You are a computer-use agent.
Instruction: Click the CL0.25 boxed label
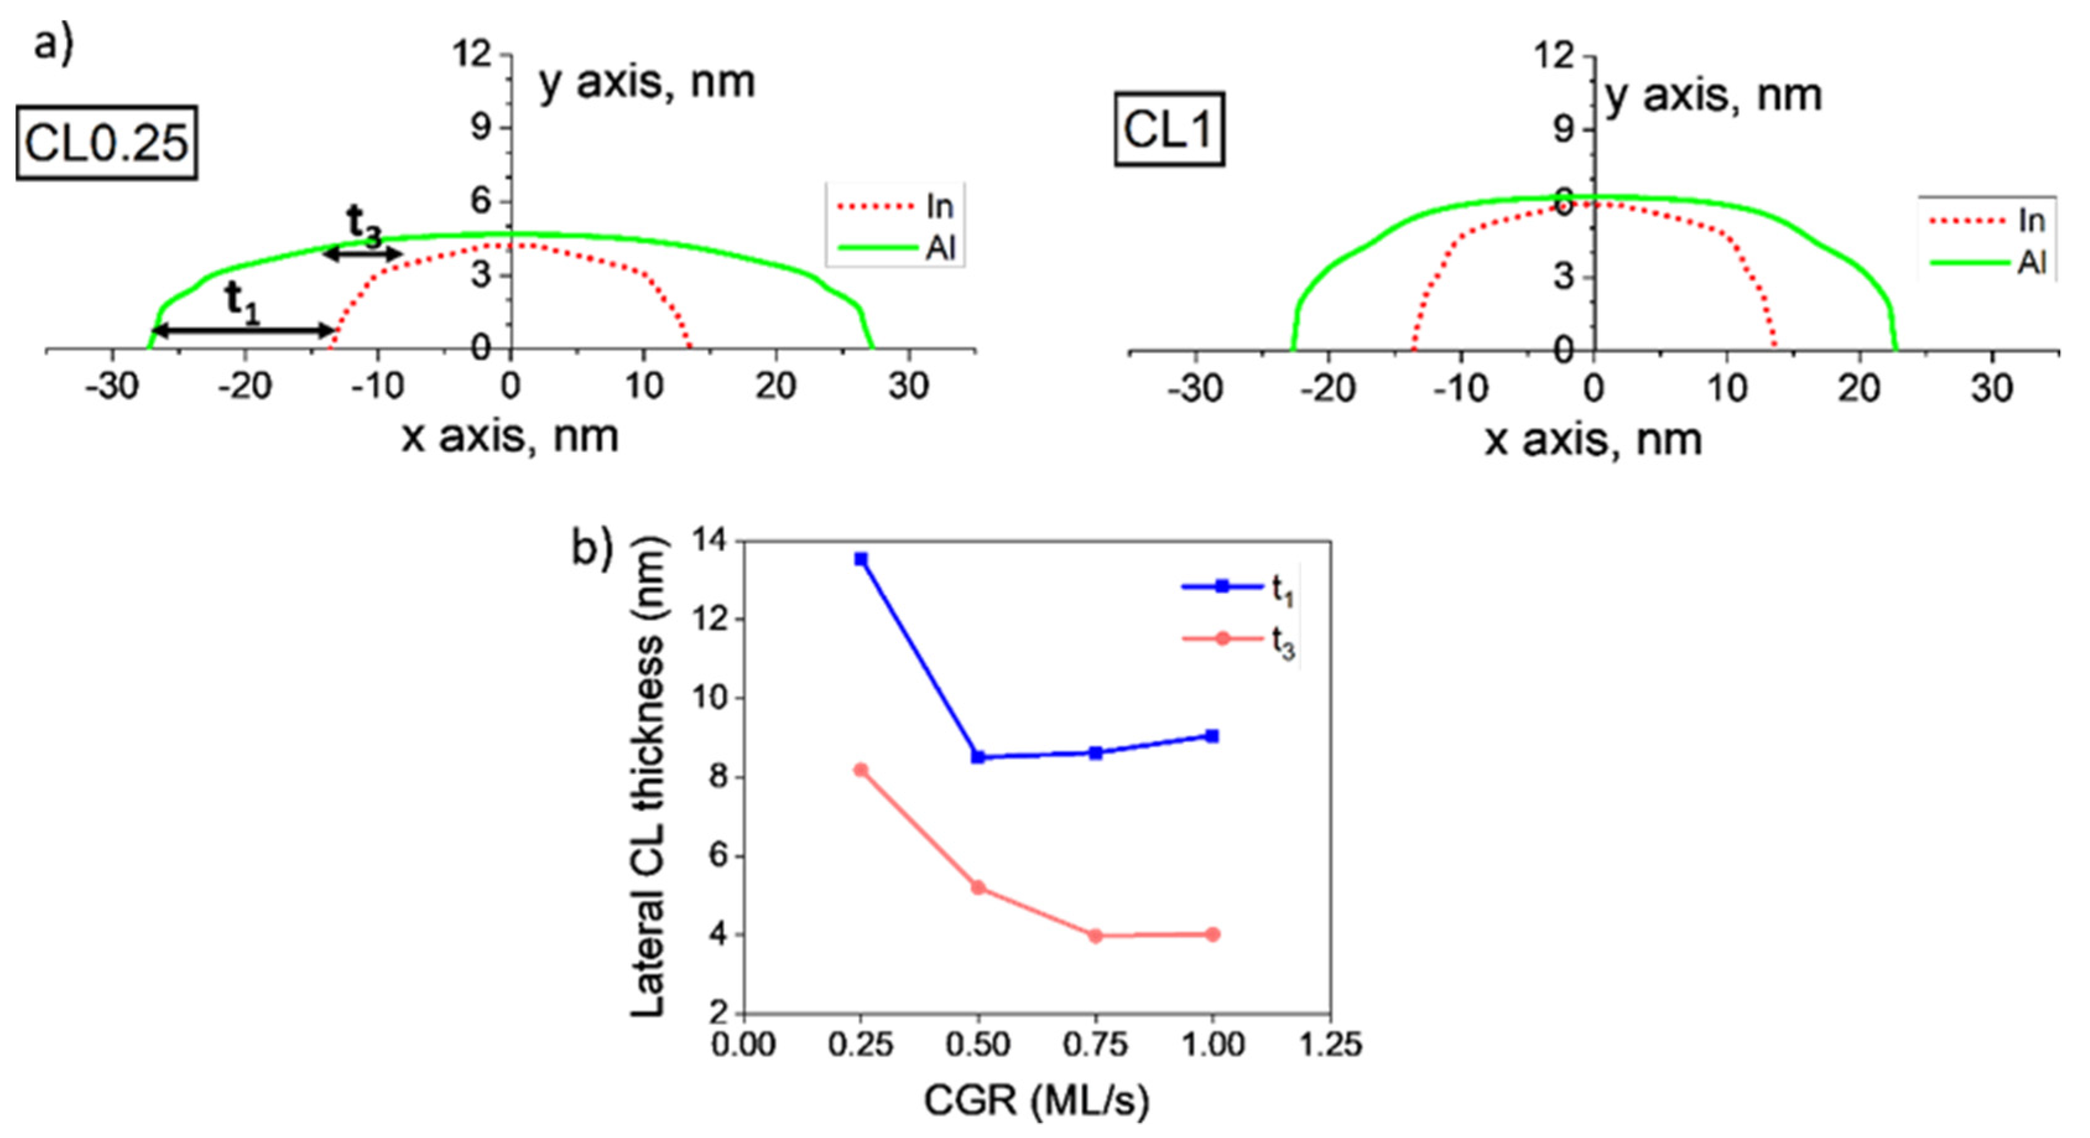(x=106, y=143)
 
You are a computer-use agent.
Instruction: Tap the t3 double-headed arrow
(x=363, y=254)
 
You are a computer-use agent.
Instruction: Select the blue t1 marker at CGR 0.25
(x=861, y=559)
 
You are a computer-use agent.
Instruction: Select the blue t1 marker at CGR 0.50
(x=978, y=757)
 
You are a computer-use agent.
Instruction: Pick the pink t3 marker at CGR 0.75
(x=1095, y=935)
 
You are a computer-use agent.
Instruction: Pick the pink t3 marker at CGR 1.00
(x=1213, y=934)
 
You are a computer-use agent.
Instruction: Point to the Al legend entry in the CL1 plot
(x=1988, y=262)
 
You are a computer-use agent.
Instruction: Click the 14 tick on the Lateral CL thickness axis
(x=709, y=541)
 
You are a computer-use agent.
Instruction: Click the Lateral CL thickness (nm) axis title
(x=648, y=777)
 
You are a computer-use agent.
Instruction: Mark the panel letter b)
(x=592, y=549)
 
